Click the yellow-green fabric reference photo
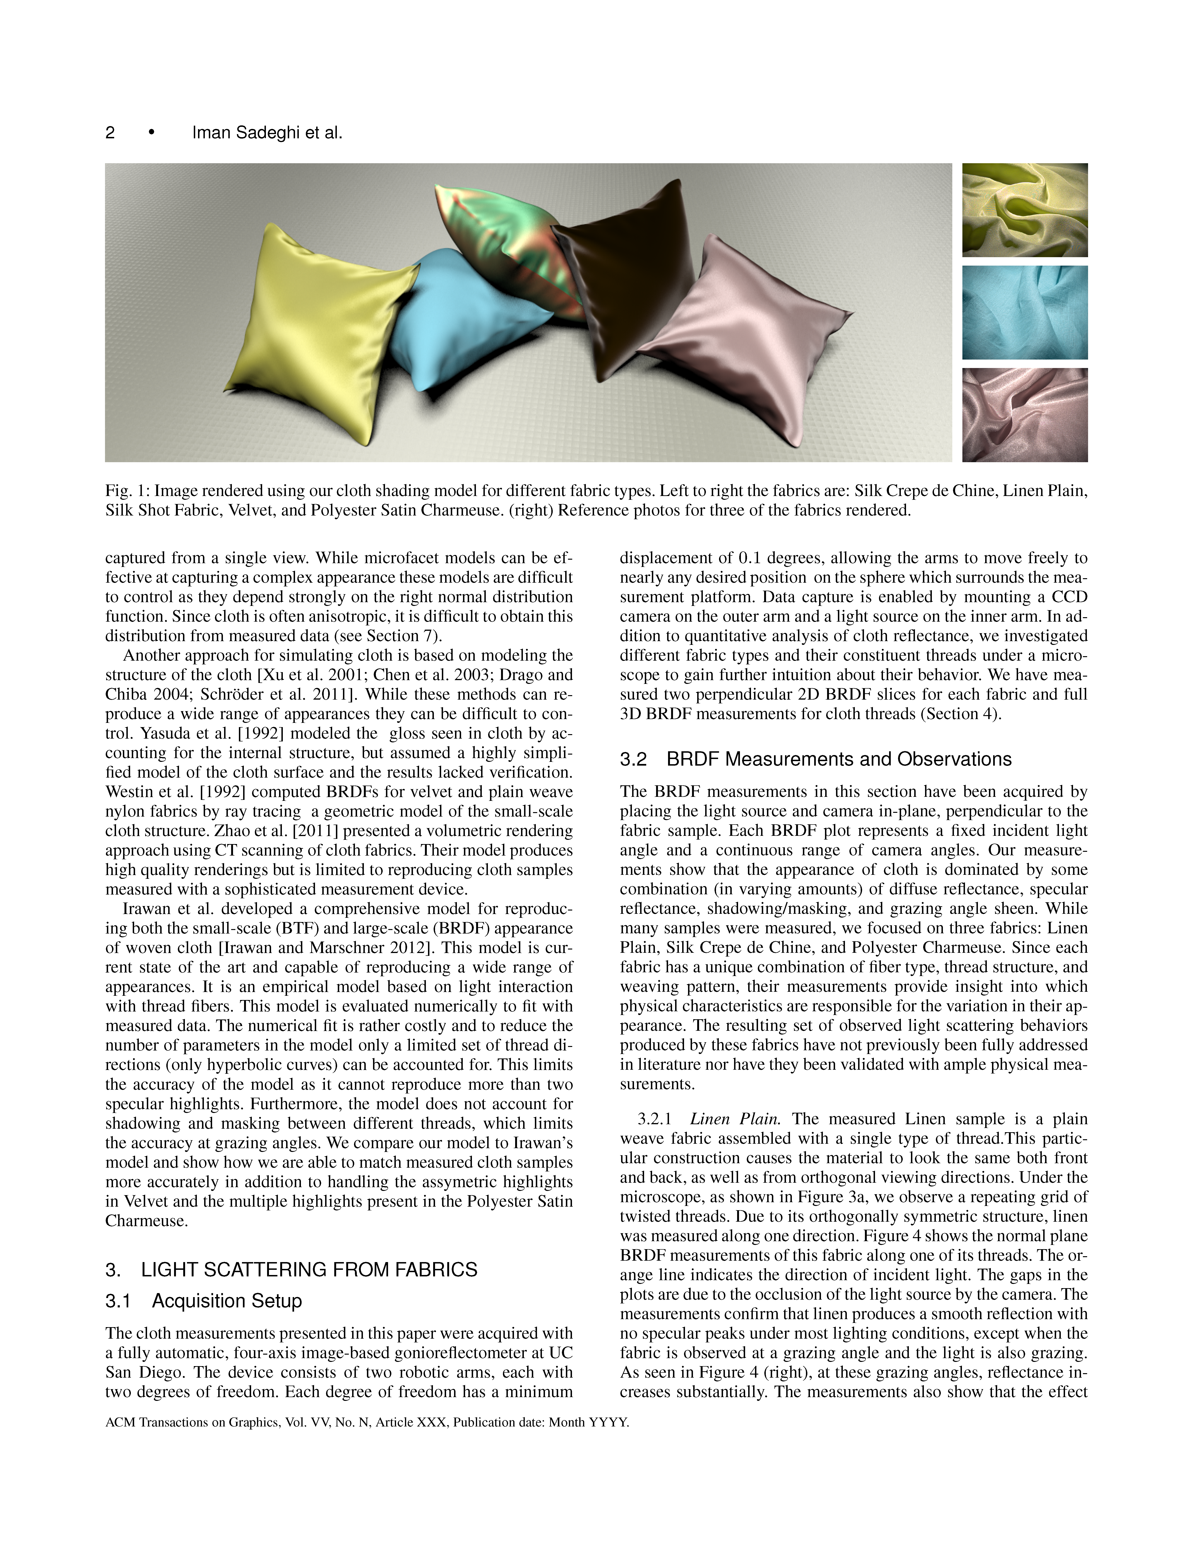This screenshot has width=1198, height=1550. (1024, 210)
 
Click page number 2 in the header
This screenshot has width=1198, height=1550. (110, 133)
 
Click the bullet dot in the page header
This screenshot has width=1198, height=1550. (151, 133)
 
